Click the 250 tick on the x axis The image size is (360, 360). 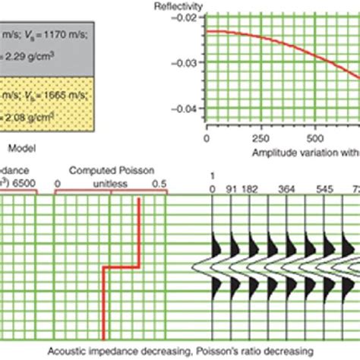click(260, 139)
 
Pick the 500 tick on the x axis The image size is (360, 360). click(314, 139)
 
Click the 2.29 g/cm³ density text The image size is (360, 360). click(27, 53)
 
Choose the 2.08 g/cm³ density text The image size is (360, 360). click(27, 119)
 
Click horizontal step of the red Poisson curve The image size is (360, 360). click(122, 267)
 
